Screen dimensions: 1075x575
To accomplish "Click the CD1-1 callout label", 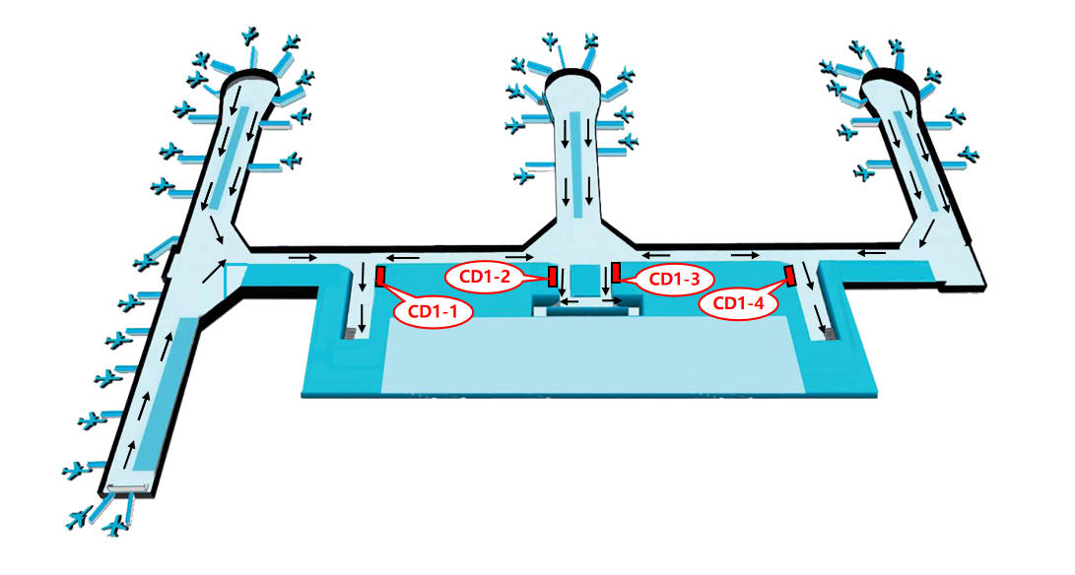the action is (x=432, y=311).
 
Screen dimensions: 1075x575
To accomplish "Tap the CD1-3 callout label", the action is (x=673, y=279).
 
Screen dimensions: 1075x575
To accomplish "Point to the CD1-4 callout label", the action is (x=737, y=303).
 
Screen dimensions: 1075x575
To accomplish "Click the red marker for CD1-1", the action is (x=380, y=277).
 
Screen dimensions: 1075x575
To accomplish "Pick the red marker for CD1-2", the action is (x=552, y=277).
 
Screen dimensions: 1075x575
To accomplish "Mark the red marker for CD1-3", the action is (x=617, y=272).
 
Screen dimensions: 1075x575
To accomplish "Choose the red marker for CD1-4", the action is (x=790, y=276).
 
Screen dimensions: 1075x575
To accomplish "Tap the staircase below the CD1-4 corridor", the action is (x=831, y=334).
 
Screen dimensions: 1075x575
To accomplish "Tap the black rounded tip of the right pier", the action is (x=891, y=76).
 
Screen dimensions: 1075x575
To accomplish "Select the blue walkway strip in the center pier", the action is (x=577, y=163).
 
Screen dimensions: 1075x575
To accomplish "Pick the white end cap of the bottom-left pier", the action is (x=127, y=487).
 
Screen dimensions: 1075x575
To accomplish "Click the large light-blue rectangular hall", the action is (x=592, y=355).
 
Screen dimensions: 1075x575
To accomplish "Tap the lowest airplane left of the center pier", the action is (x=524, y=176).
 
